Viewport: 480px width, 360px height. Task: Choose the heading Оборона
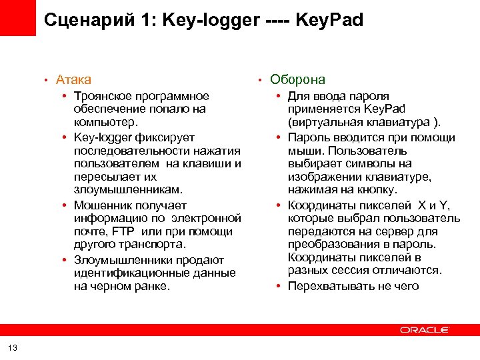pos(297,80)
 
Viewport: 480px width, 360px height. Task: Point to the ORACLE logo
pos(425,329)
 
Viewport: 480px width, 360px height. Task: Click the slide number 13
pos(14,347)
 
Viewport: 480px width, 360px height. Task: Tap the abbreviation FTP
pos(123,232)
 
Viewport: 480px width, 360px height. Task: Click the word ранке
pos(153,287)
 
